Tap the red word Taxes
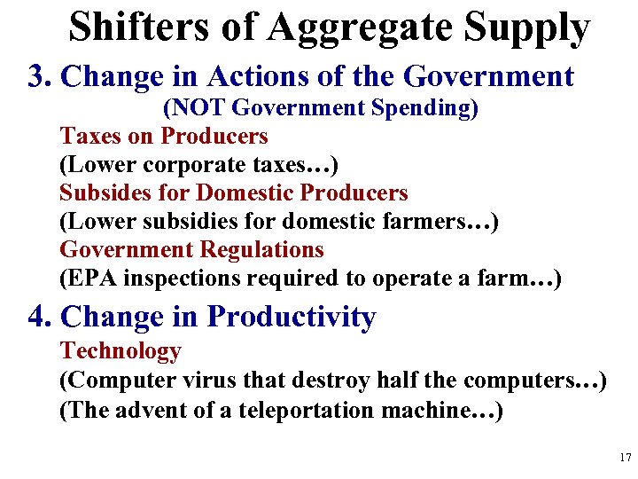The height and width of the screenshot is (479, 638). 87,136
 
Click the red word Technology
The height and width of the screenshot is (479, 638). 120,351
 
